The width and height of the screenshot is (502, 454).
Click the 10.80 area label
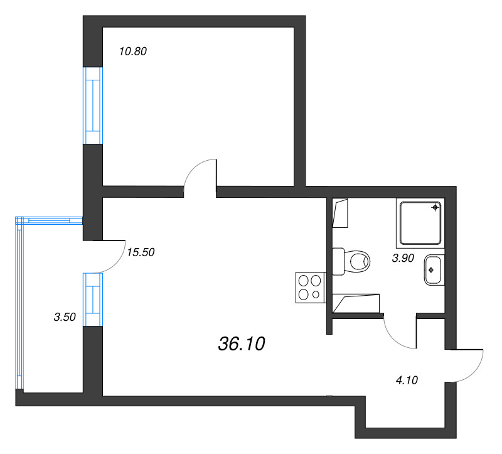[133, 51]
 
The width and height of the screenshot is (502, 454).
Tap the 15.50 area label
[141, 252]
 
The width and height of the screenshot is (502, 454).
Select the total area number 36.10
[242, 343]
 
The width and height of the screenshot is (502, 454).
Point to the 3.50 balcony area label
[65, 317]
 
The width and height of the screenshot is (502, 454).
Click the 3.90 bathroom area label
[403, 258]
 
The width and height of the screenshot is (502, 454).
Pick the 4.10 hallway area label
[407, 381]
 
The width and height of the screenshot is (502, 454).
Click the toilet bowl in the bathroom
[356, 261]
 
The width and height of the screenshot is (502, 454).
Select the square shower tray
[420, 223]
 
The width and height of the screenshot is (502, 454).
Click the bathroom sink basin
[434, 270]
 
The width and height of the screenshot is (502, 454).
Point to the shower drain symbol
[435, 208]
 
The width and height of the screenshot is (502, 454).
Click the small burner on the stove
[316, 294]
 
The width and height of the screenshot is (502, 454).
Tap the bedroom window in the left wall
[93, 105]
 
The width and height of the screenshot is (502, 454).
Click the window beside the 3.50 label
[93, 300]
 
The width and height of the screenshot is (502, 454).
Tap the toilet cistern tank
[338, 261]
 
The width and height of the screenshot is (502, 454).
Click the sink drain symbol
[431, 270]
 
